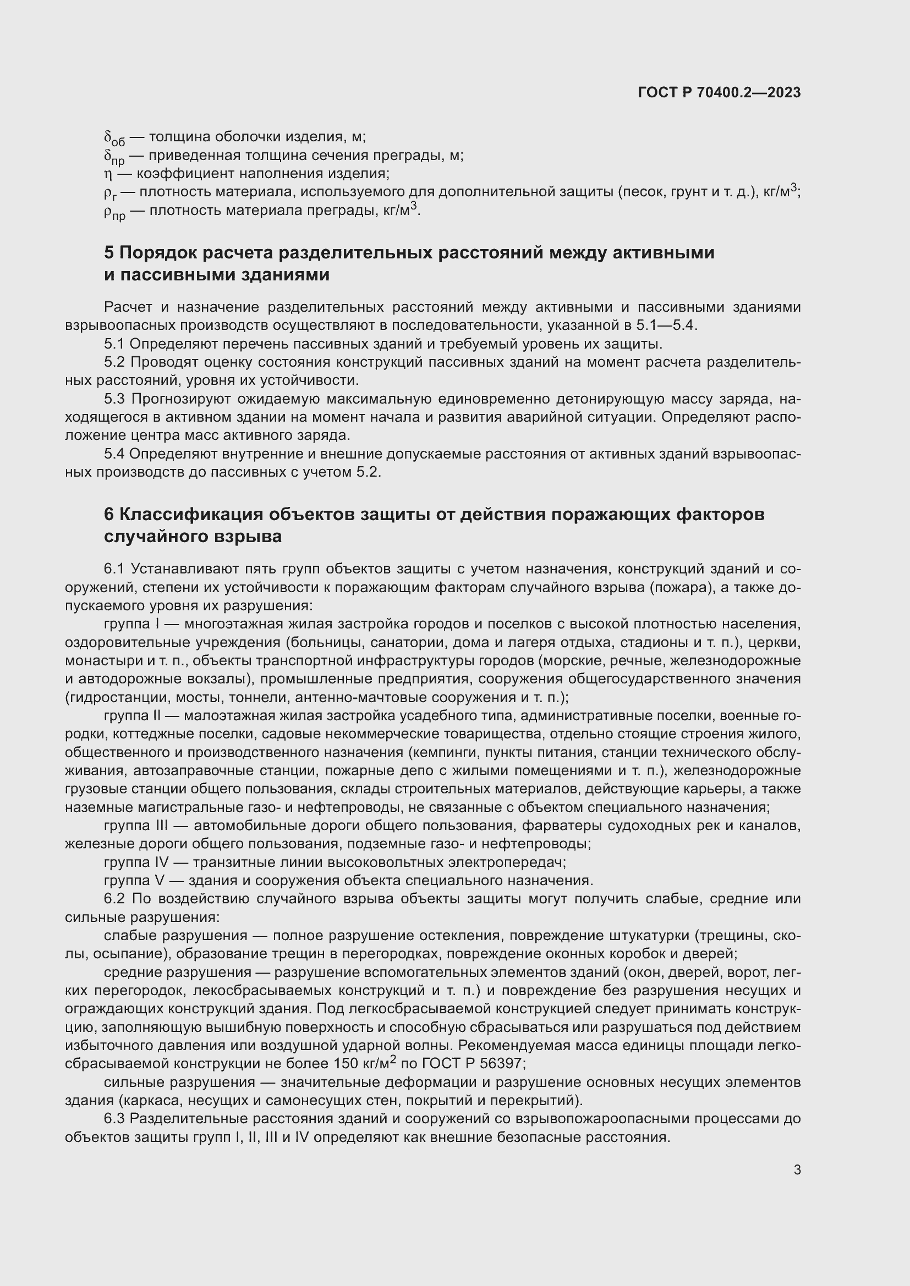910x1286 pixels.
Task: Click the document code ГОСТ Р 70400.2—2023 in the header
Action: coord(719,93)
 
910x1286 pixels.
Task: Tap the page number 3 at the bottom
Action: coord(797,1170)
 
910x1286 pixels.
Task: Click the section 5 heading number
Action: coord(109,253)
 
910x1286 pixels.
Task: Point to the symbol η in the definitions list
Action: coord(108,174)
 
